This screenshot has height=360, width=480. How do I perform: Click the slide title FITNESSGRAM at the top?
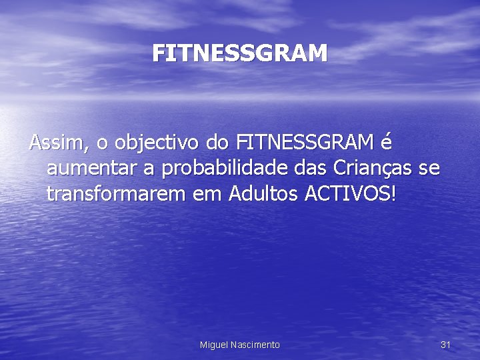240,53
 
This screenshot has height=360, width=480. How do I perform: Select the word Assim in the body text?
53,143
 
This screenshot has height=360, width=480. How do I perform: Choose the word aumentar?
92,169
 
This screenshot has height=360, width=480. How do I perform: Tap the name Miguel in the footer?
214,344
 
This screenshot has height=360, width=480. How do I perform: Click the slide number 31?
446,344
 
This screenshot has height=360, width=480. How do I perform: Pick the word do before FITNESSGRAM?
218,143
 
